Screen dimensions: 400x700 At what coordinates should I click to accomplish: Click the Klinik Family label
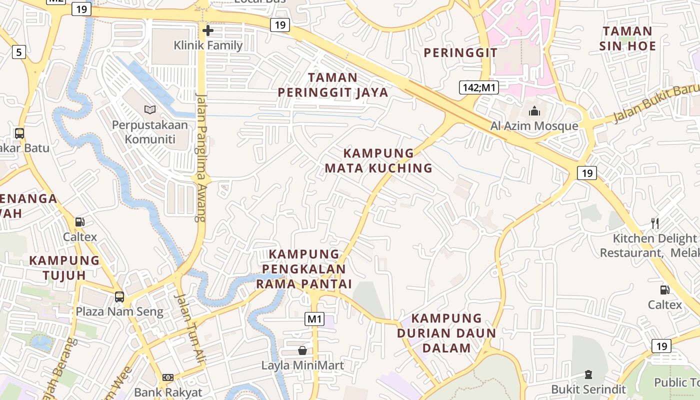click(x=208, y=45)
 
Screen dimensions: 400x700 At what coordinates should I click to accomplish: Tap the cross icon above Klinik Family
click(x=208, y=30)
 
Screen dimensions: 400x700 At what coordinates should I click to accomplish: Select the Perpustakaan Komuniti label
click(x=150, y=131)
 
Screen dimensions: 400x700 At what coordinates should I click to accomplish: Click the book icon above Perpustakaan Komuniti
click(x=150, y=109)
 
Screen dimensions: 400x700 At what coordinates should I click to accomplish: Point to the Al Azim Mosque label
click(x=534, y=126)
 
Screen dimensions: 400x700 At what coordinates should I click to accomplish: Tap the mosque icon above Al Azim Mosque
click(x=534, y=110)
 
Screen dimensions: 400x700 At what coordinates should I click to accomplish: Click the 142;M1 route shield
click(x=478, y=88)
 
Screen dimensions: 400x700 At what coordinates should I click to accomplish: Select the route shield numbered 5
click(x=19, y=51)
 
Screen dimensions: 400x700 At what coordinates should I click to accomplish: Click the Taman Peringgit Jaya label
click(x=333, y=85)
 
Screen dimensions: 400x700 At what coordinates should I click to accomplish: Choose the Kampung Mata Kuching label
click(x=378, y=160)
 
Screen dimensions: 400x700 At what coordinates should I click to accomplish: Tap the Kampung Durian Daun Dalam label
click(x=446, y=333)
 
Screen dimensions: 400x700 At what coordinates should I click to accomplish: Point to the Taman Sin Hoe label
click(x=628, y=38)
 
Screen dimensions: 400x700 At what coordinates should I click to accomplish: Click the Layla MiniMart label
click(x=302, y=365)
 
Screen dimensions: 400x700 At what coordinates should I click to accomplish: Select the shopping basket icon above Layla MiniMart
click(x=302, y=350)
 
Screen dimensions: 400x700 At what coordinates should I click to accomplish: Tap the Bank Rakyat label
click(x=168, y=392)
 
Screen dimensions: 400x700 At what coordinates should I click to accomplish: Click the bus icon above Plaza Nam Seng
click(x=119, y=296)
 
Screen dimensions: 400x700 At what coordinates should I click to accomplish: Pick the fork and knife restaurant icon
click(x=655, y=223)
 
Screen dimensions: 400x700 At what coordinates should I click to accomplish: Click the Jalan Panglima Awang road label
click(x=201, y=157)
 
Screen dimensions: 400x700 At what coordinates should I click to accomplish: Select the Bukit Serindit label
click(x=588, y=389)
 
